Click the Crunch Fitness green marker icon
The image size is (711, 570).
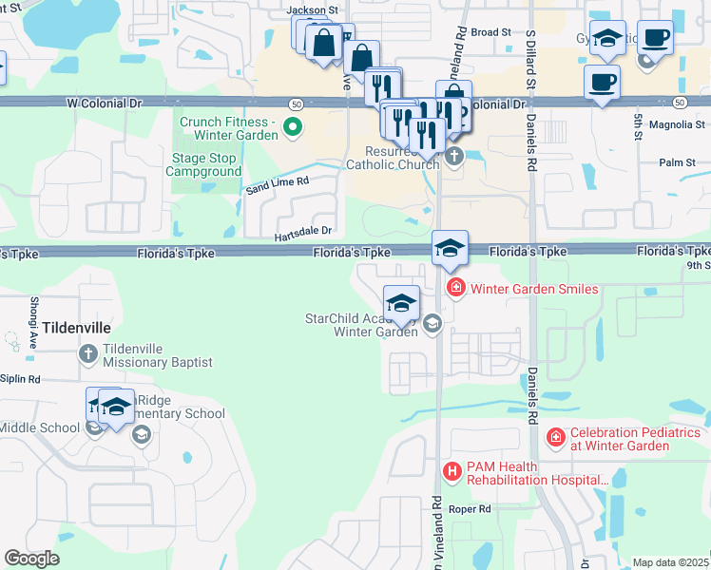click(293, 125)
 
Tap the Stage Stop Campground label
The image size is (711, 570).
click(204, 164)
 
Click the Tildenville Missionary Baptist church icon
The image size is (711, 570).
click(87, 354)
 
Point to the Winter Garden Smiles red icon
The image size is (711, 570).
click(455, 288)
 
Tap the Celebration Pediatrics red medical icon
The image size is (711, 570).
click(555, 438)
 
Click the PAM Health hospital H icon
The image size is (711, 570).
click(452, 470)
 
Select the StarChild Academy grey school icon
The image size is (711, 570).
click(432, 324)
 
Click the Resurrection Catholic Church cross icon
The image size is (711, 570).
click(453, 156)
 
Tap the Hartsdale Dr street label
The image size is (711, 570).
click(303, 230)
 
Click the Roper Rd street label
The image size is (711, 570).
click(471, 509)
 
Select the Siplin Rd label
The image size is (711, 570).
click(20, 379)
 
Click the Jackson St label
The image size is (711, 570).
click(313, 9)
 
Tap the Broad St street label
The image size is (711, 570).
click(491, 32)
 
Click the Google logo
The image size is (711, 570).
click(31, 559)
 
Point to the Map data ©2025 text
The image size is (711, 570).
click(671, 562)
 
